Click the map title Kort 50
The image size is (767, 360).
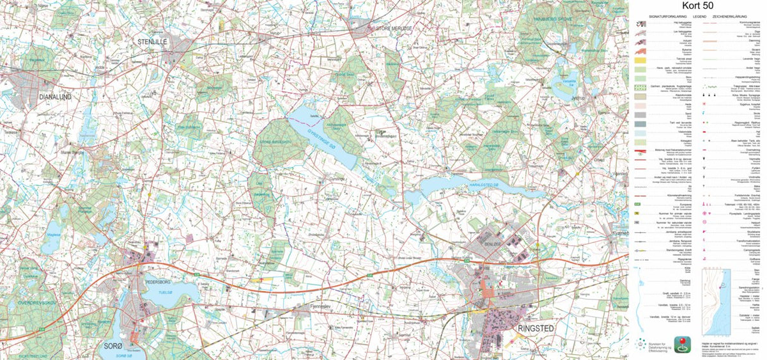point(698,6)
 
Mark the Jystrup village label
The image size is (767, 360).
point(578,98)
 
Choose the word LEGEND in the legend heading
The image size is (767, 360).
point(699,15)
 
